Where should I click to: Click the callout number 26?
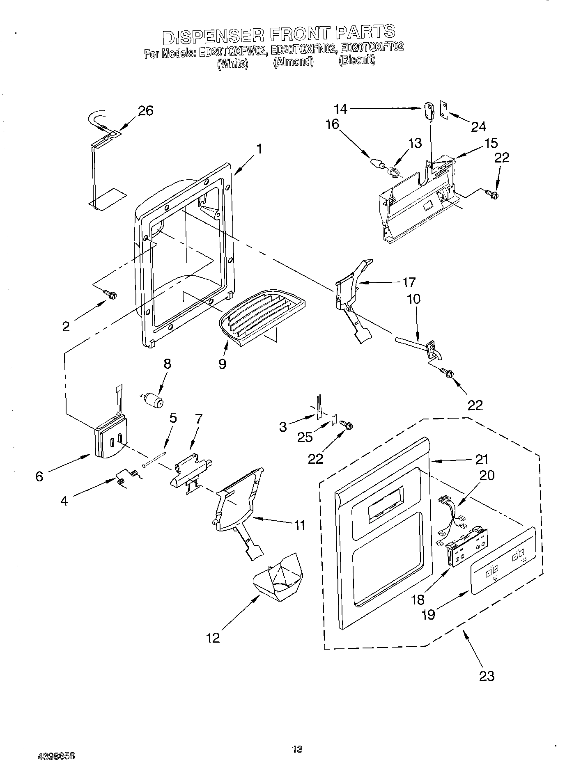pyautogui.click(x=145, y=111)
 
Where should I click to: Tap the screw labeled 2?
pyautogui.click(x=110, y=294)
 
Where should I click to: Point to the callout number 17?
pyautogui.click(x=409, y=282)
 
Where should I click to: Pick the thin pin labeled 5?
pyautogui.click(x=155, y=459)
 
